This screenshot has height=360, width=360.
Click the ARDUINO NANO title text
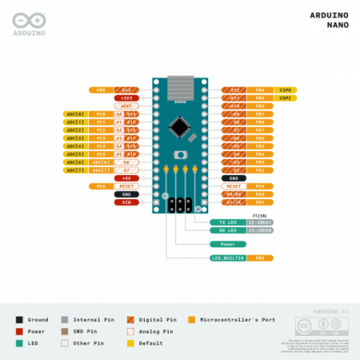(328, 20)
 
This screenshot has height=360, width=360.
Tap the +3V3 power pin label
(126, 98)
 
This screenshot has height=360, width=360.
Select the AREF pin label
(126, 106)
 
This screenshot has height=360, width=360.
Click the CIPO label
(286, 90)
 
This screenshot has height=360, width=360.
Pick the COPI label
(286, 98)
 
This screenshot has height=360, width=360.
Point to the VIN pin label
(126, 202)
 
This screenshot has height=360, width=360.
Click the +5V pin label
(126, 178)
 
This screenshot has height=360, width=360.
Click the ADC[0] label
(74, 114)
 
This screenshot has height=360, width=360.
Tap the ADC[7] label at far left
(74, 170)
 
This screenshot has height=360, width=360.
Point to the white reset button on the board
(180, 157)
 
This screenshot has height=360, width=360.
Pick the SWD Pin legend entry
(80, 330)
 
